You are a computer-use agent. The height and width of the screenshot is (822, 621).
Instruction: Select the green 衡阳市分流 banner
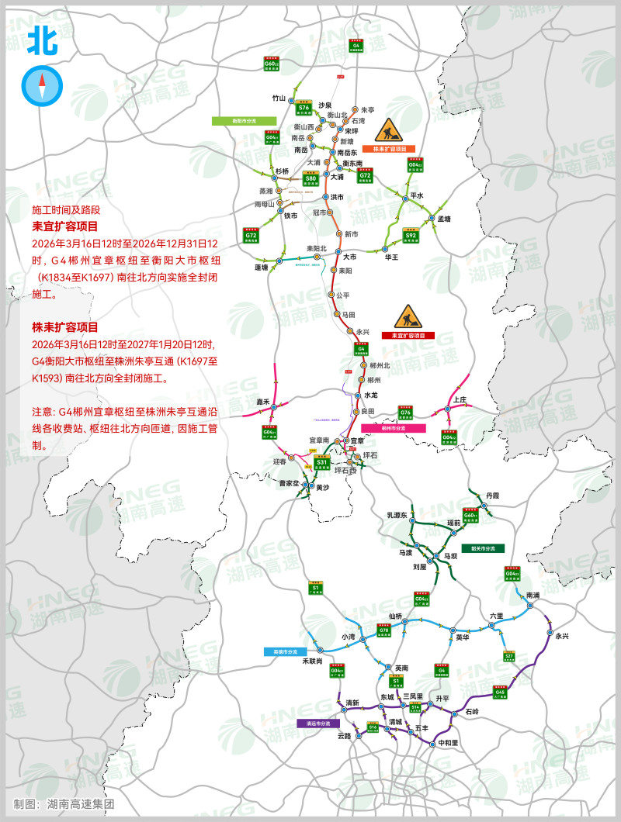pyautogui.click(x=245, y=120)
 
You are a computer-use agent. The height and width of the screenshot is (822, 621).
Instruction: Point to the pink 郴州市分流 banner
pyautogui.click(x=391, y=427)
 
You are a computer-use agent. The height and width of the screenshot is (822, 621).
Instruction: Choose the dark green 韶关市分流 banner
pyautogui.click(x=483, y=547)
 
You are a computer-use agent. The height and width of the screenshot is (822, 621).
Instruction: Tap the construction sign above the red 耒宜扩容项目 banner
pyautogui.click(x=407, y=316)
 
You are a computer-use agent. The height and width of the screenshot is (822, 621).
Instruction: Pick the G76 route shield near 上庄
pyautogui.click(x=405, y=413)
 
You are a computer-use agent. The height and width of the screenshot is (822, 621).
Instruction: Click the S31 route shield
pyautogui.click(x=321, y=463)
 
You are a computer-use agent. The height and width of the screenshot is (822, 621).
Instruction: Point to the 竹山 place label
pyautogui.click(x=279, y=98)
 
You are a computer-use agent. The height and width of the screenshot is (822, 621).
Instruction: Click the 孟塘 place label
pyautogui.click(x=444, y=219)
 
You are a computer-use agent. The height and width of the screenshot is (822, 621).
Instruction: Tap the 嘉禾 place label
pyautogui.click(x=262, y=402)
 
